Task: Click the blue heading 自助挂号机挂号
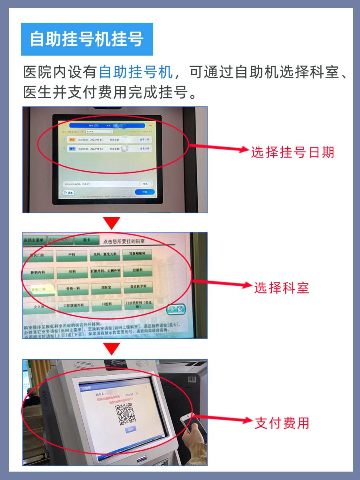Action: point(87,39)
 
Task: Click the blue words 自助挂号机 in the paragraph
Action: point(136,72)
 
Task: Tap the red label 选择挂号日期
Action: point(292,152)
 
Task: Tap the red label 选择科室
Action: point(282,288)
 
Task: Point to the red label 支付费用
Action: point(282,423)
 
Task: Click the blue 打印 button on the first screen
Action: point(145,192)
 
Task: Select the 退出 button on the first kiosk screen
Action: point(69,192)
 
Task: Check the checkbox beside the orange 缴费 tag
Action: point(63,140)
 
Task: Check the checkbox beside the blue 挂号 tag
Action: point(63,148)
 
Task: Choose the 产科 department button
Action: point(71,254)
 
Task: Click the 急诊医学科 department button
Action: point(138,287)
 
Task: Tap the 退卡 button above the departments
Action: point(86,240)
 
